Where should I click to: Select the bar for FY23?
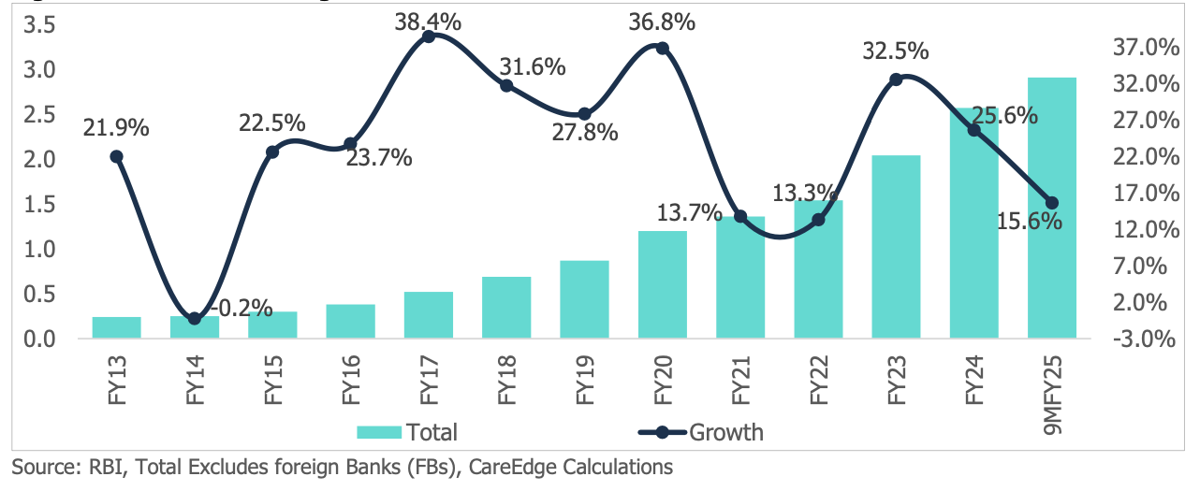[896, 247]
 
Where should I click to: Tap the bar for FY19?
[584, 299]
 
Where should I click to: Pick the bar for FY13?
[117, 327]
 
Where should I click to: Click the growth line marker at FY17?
[429, 36]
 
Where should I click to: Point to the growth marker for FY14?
[195, 319]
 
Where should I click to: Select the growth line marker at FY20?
[663, 48]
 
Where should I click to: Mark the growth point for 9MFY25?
[1051, 203]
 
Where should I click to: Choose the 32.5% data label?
[896, 51]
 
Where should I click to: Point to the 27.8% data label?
[584, 132]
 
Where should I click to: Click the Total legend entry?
[407, 432]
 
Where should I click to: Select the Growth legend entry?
[701, 432]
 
